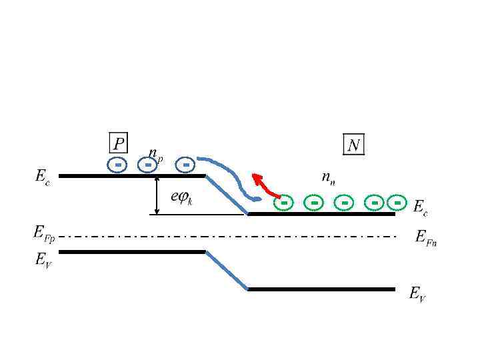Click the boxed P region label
118,143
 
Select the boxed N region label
353,145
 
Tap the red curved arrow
264,185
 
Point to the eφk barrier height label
182,198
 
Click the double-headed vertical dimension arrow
156,195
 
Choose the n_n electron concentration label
328,177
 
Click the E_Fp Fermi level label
45,233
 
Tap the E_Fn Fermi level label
425,237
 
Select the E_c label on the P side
42,177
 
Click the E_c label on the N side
420,207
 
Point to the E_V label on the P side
43,260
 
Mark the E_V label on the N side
418,294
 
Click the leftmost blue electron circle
117,164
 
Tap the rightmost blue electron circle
186,164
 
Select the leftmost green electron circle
283,202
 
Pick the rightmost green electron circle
397,202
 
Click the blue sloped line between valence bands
227,270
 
